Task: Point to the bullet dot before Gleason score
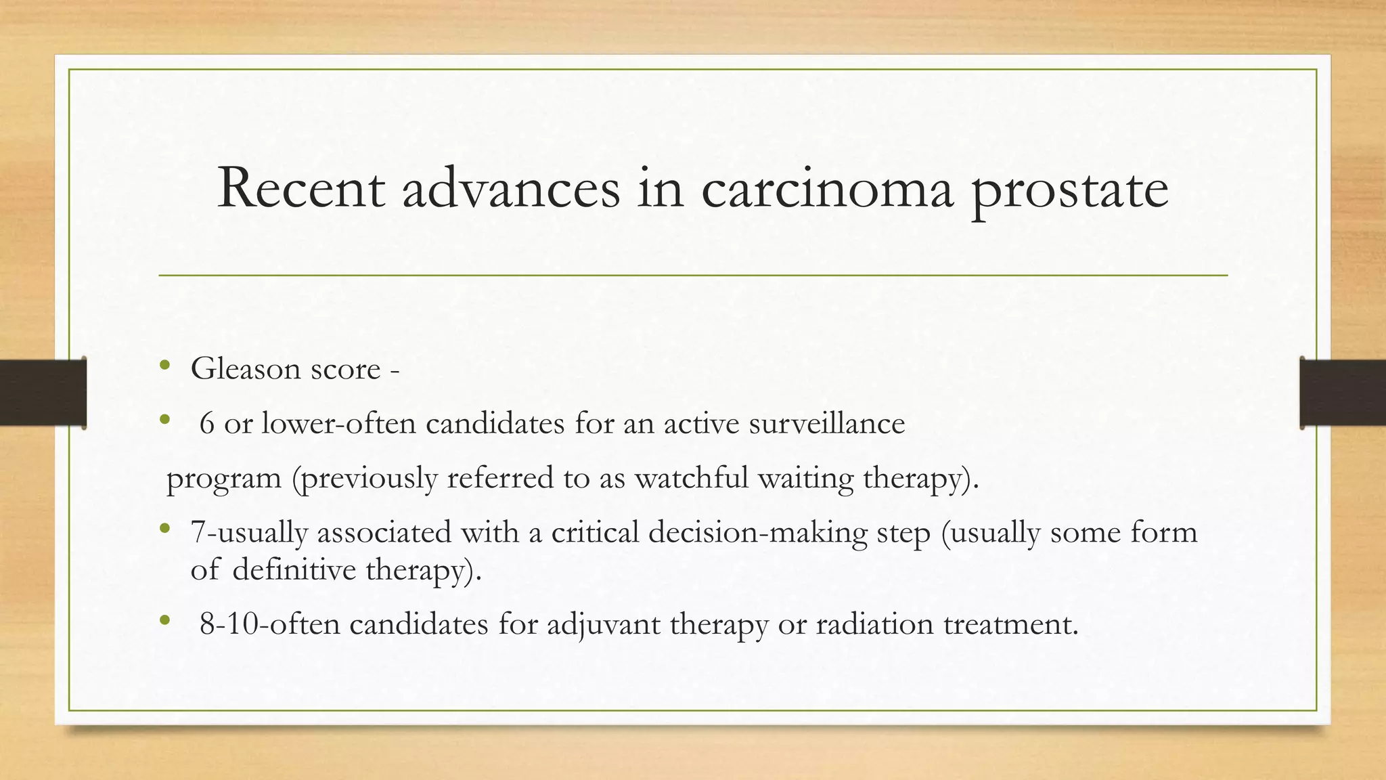tap(164, 366)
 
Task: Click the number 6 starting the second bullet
tap(207, 424)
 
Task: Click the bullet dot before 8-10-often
tap(164, 620)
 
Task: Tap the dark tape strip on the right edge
tap(1343, 393)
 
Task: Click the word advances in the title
tap(511, 188)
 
